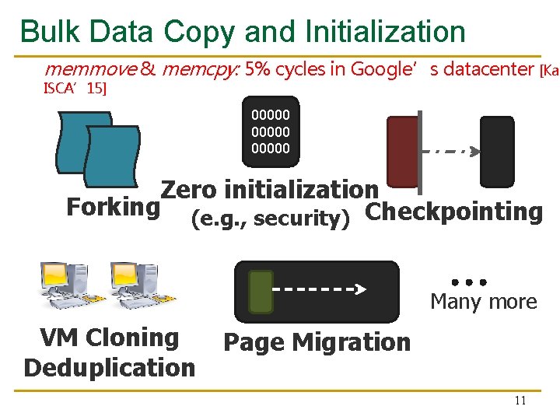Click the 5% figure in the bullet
[x=257, y=69]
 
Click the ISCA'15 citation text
[x=75, y=88]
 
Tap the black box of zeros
[x=271, y=131]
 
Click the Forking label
[x=113, y=208]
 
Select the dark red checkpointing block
[x=403, y=155]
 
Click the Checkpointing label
[x=453, y=212]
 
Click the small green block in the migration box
[x=261, y=292]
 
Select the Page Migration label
[x=317, y=342]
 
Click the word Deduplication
[x=110, y=367]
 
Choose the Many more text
[x=483, y=302]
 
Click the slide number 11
[x=520, y=401]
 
